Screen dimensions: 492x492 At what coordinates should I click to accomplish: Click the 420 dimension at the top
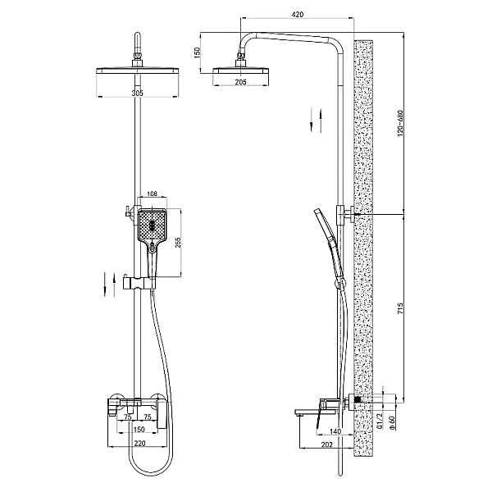point(298,15)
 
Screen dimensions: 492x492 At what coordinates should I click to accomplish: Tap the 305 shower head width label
point(137,93)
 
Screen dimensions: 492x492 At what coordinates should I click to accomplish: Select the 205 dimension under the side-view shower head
point(240,82)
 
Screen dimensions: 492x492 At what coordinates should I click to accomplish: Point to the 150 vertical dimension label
point(197,52)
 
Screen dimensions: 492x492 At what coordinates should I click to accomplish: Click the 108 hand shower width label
point(152,194)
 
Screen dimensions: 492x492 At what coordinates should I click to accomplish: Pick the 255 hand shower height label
point(178,242)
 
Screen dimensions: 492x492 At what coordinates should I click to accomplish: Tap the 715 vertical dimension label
point(400,308)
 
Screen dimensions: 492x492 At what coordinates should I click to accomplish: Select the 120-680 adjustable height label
point(400,123)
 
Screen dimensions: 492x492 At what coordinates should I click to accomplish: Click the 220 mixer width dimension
point(139,443)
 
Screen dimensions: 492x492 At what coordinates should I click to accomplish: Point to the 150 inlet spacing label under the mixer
point(139,429)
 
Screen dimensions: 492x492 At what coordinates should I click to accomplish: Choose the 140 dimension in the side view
point(335,432)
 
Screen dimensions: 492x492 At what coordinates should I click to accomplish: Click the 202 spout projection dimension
point(326,444)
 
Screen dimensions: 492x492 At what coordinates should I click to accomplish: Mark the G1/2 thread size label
point(380,421)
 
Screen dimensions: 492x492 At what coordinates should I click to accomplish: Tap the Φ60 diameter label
point(391,422)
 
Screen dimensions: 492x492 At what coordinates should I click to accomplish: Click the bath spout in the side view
point(307,412)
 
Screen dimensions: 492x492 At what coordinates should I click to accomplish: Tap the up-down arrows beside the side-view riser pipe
point(316,121)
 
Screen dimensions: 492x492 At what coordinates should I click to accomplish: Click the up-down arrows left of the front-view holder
point(110,285)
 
